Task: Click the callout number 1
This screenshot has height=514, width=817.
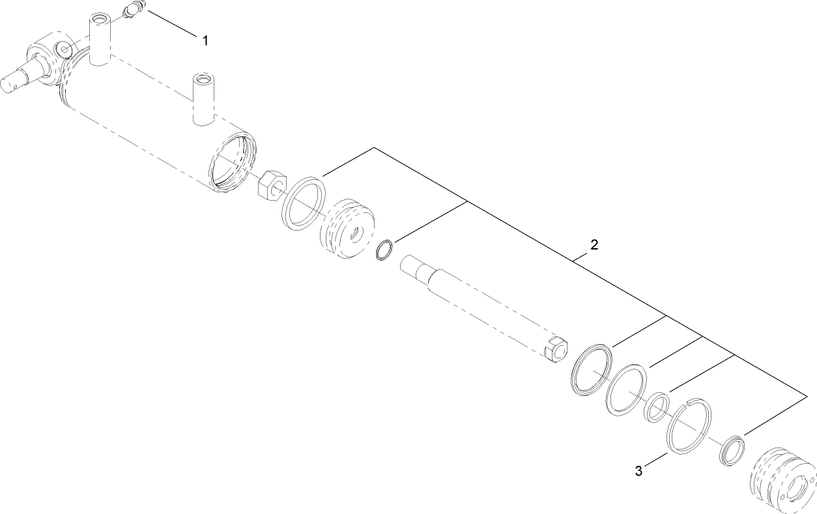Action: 205,41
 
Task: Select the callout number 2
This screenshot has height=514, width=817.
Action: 594,246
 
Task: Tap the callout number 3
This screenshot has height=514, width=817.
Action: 638,470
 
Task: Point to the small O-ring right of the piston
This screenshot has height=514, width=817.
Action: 384,250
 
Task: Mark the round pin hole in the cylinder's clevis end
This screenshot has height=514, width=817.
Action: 64,49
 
